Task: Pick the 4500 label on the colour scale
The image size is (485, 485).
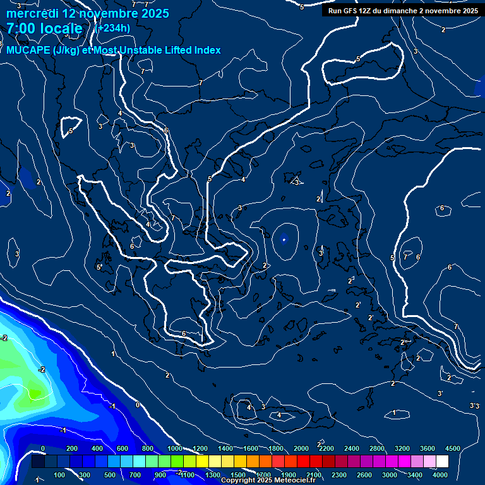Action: tap(452, 448)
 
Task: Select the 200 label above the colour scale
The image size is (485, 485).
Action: tap(72, 448)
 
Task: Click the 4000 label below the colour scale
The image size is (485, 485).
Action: tap(440, 475)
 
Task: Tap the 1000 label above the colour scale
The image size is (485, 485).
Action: tap(174, 448)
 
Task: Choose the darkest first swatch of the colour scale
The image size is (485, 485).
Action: tap(38, 462)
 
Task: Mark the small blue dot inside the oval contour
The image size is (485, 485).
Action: tap(284, 239)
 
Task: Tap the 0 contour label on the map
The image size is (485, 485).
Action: tap(138, 405)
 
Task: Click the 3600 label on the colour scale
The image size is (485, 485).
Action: tap(428, 448)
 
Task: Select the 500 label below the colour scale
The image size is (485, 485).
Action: tap(110, 475)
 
